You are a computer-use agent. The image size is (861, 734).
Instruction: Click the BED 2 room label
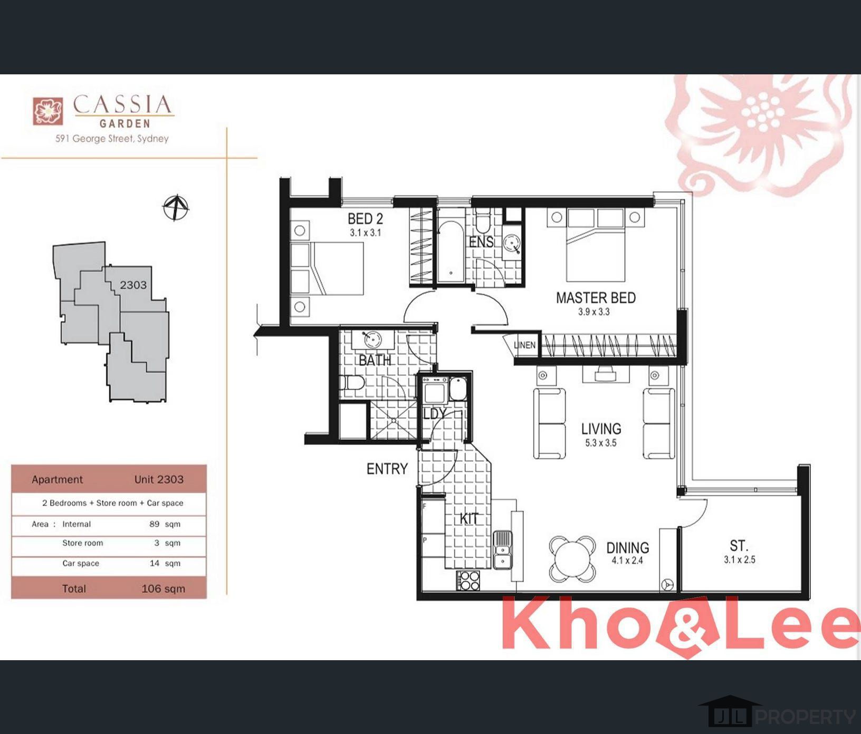click(x=365, y=218)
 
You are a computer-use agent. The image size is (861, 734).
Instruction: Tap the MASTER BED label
click(x=596, y=298)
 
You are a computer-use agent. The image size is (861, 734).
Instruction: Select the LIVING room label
click(x=601, y=429)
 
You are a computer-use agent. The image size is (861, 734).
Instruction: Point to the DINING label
click(x=627, y=548)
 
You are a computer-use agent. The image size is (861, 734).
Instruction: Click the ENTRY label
click(x=387, y=469)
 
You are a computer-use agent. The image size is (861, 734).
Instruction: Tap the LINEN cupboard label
click(x=524, y=345)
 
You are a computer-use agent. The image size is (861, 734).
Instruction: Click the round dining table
click(x=573, y=559)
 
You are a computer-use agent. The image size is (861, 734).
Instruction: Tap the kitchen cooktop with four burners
click(x=468, y=581)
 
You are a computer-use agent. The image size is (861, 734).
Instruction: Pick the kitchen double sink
click(x=502, y=550)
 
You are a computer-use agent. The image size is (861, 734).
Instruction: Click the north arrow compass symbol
click(x=176, y=207)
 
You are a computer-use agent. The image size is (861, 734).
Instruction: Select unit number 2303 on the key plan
click(x=133, y=285)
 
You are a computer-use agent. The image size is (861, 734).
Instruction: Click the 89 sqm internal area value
click(x=165, y=524)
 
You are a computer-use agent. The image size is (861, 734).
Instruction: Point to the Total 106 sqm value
click(x=163, y=589)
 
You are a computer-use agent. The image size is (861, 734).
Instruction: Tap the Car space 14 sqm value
click(x=165, y=563)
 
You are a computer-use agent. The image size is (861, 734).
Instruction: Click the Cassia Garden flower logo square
click(x=48, y=111)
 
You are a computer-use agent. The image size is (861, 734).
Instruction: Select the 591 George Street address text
click(x=112, y=139)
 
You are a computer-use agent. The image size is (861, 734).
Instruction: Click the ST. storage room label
click(x=739, y=545)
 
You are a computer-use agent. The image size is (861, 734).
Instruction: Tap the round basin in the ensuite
click(x=512, y=244)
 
